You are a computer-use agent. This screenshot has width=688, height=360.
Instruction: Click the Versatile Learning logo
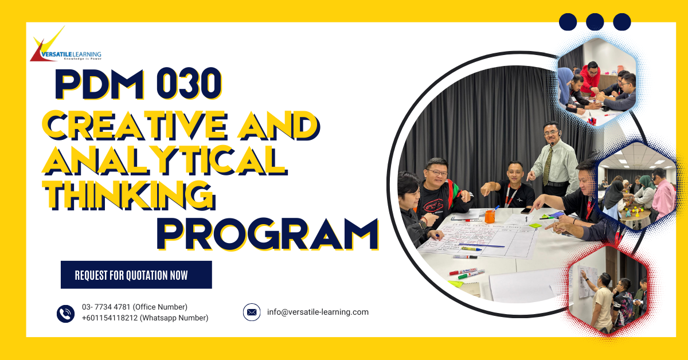[x=65, y=47]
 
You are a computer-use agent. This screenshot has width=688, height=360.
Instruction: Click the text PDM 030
[x=138, y=84]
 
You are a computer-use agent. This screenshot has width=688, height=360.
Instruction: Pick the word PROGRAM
[x=268, y=234]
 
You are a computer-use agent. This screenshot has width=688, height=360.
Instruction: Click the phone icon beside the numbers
[x=66, y=313]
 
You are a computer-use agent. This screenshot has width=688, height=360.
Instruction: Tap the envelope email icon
[x=252, y=312]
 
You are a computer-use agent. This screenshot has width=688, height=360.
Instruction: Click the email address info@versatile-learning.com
[x=318, y=312]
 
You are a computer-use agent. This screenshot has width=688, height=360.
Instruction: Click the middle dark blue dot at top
[x=595, y=22]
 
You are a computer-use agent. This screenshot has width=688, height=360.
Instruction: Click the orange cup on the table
[x=489, y=216]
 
